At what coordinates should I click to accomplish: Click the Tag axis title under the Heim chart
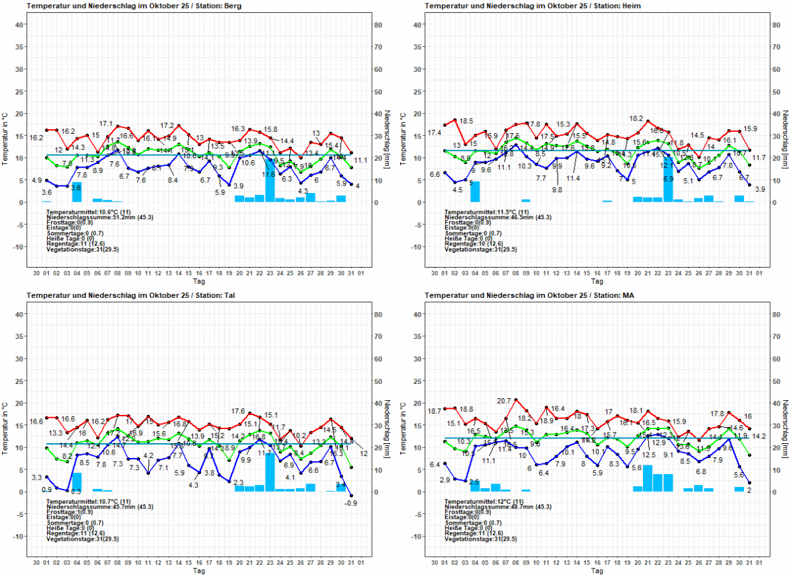(597, 280)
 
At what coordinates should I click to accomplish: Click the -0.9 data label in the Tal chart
(350, 503)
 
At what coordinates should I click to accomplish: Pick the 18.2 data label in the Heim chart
(636, 119)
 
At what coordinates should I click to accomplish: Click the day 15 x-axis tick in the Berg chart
(189, 273)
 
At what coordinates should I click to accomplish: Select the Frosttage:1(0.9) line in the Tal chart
(69, 512)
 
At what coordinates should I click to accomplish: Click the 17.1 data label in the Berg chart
(106, 124)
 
